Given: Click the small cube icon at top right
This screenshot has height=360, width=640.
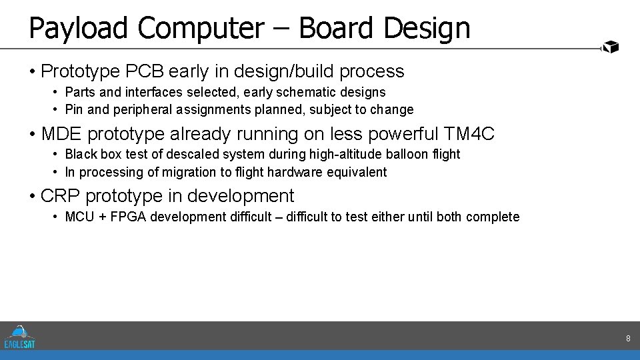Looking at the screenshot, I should [611, 47].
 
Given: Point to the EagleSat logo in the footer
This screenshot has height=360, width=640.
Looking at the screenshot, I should [20, 337].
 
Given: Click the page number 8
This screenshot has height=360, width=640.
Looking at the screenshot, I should [628, 339].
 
